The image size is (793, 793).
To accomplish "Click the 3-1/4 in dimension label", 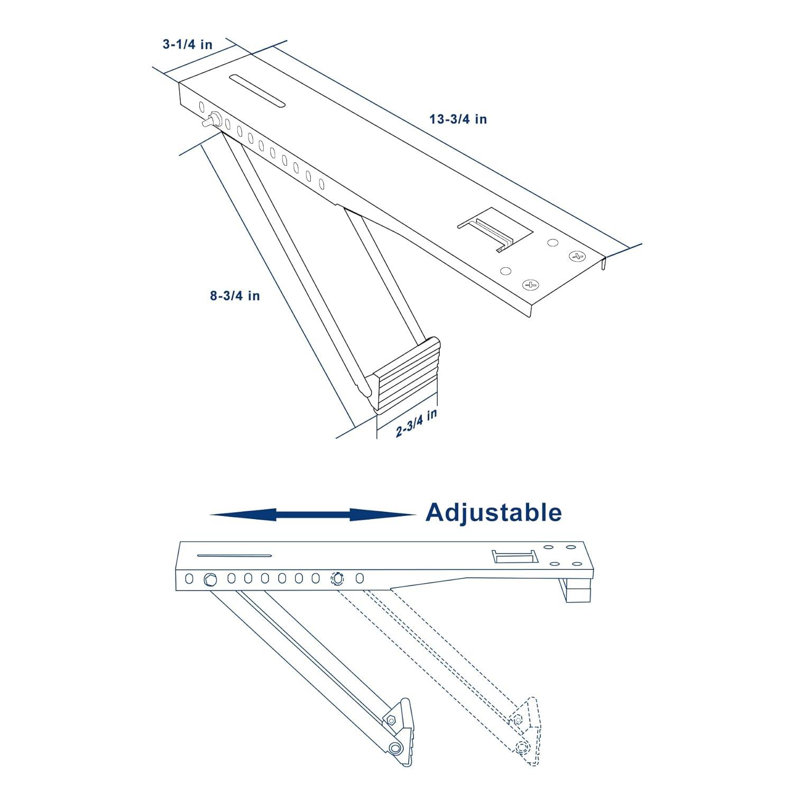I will [x=187, y=44].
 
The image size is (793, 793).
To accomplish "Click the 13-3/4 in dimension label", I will [x=458, y=119].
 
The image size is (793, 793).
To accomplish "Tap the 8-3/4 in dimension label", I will [x=235, y=296].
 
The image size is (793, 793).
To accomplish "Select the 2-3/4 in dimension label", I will [x=417, y=423].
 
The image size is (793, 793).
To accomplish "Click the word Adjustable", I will [x=493, y=513].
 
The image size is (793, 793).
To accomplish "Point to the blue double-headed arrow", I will [x=312, y=514].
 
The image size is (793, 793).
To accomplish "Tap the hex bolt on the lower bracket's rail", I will [x=210, y=579].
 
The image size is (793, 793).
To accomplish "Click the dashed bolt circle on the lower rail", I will [x=336, y=578].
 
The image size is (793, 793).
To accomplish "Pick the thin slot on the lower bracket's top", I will [x=234, y=556].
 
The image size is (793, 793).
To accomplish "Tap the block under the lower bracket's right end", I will [x=579, y=591].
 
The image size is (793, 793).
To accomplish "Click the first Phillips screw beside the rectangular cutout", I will [x=530, y=285].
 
